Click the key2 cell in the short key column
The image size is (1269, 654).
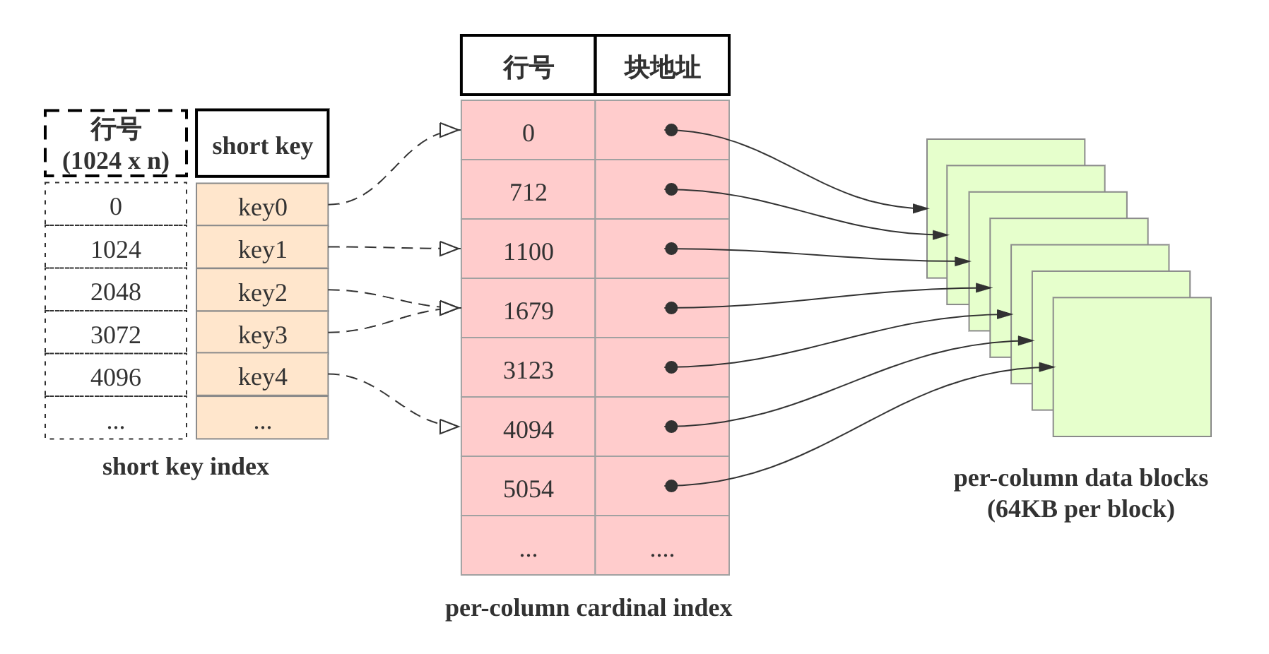point(262,290)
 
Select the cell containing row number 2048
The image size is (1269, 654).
point(116,290)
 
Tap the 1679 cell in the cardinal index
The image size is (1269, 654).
point(528,309)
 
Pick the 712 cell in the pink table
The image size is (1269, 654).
point(528,191)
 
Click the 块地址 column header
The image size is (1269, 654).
point(662,66)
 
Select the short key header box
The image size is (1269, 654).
point(262,144)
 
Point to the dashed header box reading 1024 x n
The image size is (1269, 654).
point(116,144)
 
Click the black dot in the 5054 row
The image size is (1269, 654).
point(671,486)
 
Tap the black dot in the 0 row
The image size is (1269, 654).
point(671,130)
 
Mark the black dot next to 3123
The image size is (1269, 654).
point(671,367)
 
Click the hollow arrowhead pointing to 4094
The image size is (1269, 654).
point(449,427)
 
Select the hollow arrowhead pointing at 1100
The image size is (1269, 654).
point(449,249)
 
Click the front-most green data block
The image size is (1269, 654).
point(1132,367)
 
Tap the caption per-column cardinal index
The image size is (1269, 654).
point(588,608)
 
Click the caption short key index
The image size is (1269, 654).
point(186,467)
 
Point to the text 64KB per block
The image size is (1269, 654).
point(1080,509)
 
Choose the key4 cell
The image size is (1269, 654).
point(262,375)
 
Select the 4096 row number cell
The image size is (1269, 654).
point(116,376)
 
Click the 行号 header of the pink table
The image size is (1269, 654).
point(528,66)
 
